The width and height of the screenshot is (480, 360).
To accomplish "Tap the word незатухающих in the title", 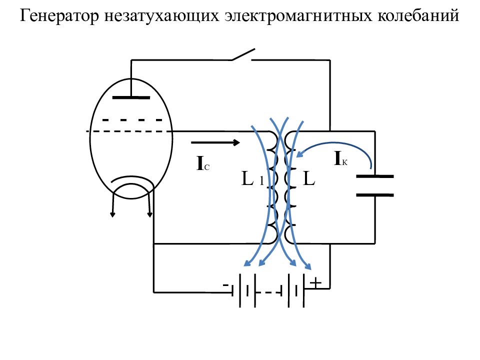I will click(161, 17).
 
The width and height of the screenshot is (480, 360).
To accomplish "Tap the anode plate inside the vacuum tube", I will click(130, 97).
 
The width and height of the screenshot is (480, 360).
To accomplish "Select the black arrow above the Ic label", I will click(215, 143).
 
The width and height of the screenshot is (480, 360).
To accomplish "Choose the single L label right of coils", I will click(309, 179).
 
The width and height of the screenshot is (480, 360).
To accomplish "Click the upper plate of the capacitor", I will click(374, 176).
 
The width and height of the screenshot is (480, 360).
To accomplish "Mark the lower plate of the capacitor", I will click(374, 194).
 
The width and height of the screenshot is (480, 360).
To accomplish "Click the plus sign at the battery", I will click(315, 283).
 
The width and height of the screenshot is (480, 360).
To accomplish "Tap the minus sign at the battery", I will click(226, 284).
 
